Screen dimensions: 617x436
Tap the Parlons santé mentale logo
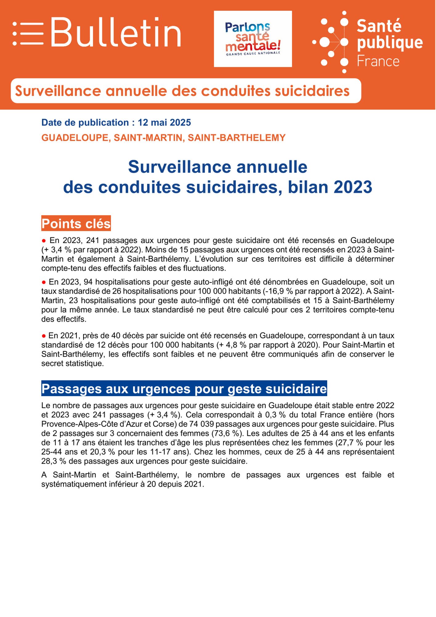[x=253, y=39]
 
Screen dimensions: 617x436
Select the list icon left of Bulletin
[x=28, y=33]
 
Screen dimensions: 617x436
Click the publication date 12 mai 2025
[x=164, y=123]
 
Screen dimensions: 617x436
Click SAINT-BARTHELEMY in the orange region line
[x=237, y=138]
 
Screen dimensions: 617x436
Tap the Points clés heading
[x=76, y=224]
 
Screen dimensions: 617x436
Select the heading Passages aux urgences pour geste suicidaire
[x=184, y=389]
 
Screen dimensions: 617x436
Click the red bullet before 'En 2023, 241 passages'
[x=44, y=241]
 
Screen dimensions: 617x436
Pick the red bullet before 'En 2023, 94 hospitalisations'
[x=44, y=282]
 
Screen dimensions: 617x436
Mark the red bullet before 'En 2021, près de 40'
[x=44, y=336]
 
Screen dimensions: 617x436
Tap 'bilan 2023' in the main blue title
[x=330, y=187]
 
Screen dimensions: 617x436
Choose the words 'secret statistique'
[x=72, y=363]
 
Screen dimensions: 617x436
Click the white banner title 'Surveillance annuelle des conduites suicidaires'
[x=182, y=91]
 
